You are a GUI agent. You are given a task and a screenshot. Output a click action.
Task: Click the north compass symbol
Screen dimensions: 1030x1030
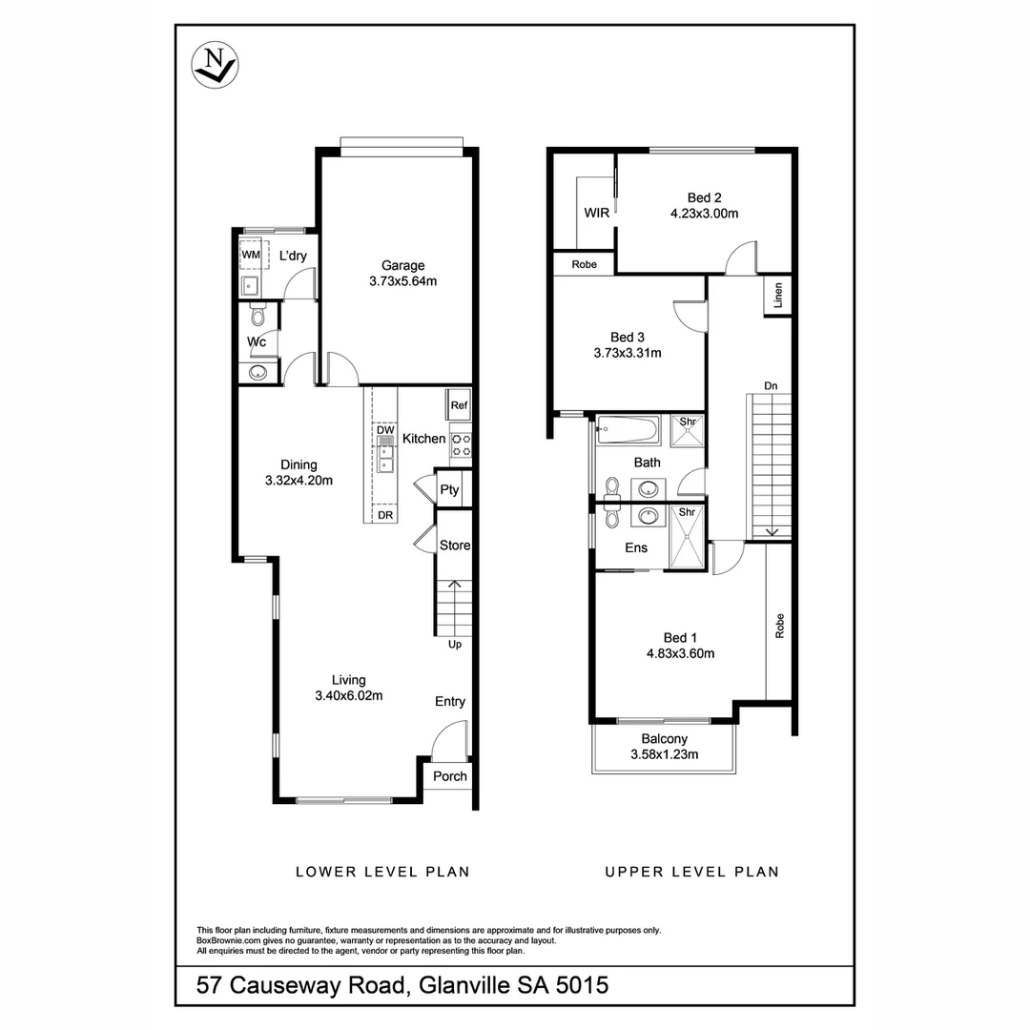click(215, 66)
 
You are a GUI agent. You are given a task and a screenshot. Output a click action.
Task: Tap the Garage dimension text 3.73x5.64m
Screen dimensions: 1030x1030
click(402, 281)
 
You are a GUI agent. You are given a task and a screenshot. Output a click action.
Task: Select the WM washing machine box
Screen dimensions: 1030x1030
click(251, 256)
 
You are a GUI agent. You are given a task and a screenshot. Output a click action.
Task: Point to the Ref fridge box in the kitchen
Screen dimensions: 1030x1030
click(460, 405)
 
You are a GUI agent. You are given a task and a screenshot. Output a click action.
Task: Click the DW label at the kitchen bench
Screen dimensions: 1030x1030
click(385, 431)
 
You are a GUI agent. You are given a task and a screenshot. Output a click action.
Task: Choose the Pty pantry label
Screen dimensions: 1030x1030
click(449, 490)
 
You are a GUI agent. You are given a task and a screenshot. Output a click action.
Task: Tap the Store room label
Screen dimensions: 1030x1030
click(455, 546)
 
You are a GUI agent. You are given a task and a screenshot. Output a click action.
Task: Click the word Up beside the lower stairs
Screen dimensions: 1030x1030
click(455, 645)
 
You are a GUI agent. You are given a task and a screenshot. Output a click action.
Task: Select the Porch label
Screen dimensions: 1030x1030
click(450, 776)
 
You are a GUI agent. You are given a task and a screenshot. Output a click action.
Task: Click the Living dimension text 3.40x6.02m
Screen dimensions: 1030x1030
click(349, 696)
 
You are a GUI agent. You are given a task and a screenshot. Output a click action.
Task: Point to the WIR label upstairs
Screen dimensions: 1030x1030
click(597, 213)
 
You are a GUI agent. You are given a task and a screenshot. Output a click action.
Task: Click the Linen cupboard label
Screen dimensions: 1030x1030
click(779, 296)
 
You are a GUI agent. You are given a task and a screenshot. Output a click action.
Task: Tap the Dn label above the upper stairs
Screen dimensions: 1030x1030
click(771, 385)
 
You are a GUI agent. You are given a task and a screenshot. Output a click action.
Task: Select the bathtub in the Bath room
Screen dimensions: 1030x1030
click(628, 430)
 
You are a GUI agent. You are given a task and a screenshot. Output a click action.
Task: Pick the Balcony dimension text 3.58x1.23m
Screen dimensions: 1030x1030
click(665, 754)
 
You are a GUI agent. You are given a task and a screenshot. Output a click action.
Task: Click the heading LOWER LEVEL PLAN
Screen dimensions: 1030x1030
click(382, 872)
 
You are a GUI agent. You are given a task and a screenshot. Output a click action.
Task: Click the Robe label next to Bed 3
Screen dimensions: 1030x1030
click(585, 264)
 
